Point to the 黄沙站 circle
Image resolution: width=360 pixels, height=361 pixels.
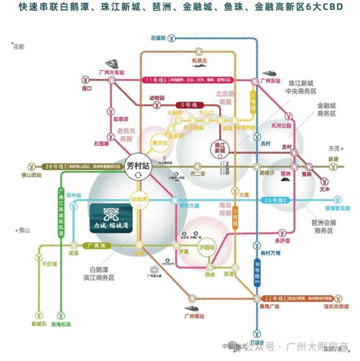tap(160, 143)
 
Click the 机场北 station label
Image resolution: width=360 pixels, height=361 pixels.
tap(199, 60)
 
